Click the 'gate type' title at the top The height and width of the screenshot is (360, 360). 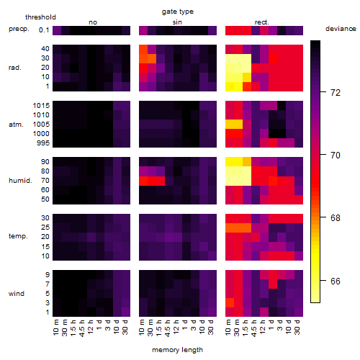pos(178,12)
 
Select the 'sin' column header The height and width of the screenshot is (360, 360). pos(177,22)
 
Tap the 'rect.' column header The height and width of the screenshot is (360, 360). pos(262,22)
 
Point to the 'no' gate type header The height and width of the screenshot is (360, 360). pos(93,22)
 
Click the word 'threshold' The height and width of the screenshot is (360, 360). pos(40,17)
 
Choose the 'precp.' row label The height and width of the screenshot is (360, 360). pos(19,29)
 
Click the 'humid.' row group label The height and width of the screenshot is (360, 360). pos(20,181)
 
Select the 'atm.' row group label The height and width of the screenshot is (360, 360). pos(16,125)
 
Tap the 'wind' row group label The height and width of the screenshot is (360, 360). pos(17,294)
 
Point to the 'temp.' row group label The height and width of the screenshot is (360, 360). pos(18,236)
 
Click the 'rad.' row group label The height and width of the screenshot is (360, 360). pos(15,68)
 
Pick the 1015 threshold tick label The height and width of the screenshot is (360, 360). pos(41,106)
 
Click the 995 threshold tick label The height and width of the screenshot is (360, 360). pos(43,143)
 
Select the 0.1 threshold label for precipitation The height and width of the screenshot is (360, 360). pos(44,30)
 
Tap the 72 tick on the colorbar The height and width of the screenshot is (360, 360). pos(336,93)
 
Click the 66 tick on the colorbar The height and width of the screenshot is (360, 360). pos(336,281)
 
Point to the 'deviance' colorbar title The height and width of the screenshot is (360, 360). pos(341,29)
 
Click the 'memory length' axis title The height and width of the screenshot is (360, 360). pos(178,350)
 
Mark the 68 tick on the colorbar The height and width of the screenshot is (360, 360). pos(336,218)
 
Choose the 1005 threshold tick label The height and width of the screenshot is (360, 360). pos(41,125)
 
